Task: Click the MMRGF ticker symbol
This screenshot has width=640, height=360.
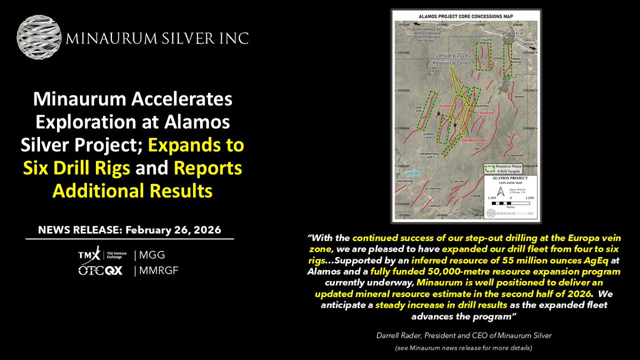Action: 158,270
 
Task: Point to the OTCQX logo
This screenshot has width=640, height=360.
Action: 100,270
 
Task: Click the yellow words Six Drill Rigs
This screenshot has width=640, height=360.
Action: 77,168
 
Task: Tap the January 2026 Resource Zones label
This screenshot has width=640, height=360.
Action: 453,59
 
